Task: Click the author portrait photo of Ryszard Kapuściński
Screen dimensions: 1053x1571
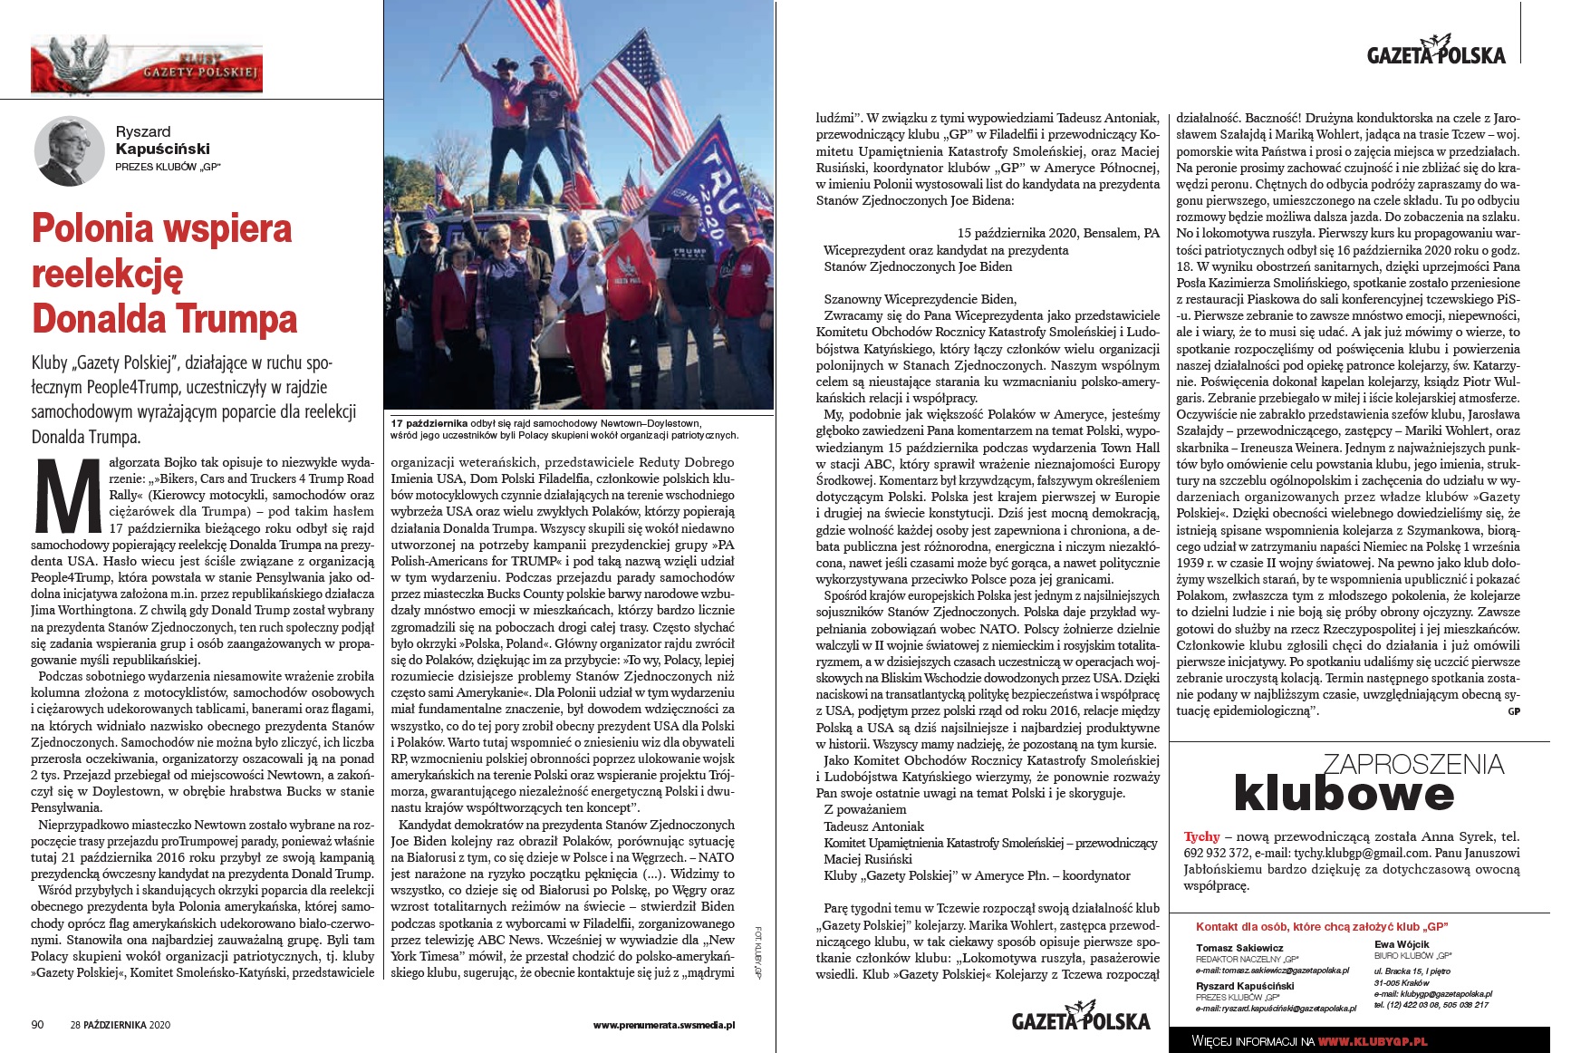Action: pyautogui.click(x=69, y=150)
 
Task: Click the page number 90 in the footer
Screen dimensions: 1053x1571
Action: pyautogui.click(x=37, y=1025)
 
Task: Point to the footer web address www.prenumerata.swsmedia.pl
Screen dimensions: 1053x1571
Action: pyautogui.click(x=663, y=1025)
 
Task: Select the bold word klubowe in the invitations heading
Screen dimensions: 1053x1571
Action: pyautogui.click(x=1344, y=794)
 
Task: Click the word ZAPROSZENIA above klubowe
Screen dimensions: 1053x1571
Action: pyautogui.click(x=1413, y=764)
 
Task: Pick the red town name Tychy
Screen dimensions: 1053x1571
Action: pyautogui.click(x=1201, y=836)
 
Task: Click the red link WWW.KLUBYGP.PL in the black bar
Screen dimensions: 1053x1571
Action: pyautogui.click(x=1372, y=1041)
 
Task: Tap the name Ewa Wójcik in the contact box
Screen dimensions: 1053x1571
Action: pyautogui.click(x=1402, y=944)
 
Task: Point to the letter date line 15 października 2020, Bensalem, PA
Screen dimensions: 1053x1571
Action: pyautogui.click(x=1057, y=233)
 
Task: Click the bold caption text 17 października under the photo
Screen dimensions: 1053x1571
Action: pyautogui.click(x=429, y=423)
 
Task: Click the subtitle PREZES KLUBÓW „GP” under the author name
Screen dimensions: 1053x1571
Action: pyautogui.click(x=168, y=167)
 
